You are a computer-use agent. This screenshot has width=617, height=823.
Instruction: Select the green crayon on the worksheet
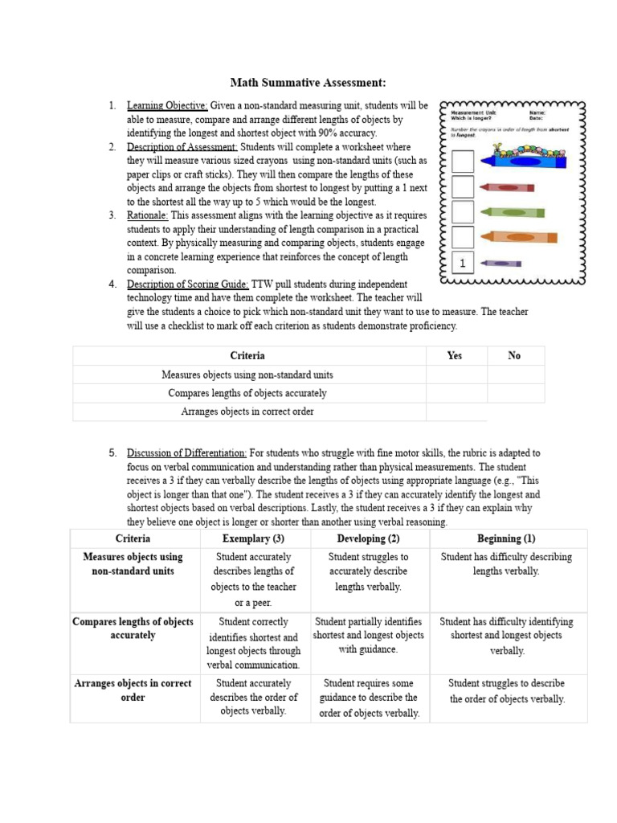point(512,212)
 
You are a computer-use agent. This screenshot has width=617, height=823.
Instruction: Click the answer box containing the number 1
point(462,263)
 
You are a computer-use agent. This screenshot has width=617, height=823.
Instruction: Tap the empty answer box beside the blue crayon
point(462,162)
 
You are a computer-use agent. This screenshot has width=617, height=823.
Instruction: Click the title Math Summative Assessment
point(308,83)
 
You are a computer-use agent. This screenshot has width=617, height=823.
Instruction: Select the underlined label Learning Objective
point(167,105)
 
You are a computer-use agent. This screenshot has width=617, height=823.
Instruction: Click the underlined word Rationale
point(147,215)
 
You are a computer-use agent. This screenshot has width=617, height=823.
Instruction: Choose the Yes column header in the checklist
point(455,356)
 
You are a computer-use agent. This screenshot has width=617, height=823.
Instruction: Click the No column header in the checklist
point(514,356)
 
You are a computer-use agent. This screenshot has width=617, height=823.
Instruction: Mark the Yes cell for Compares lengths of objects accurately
point(456,393)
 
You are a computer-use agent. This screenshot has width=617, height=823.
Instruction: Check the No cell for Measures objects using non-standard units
point(515,375)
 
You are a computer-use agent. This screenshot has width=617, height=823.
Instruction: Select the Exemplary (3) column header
point(253,538)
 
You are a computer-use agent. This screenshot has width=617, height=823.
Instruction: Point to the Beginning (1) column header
point(506,538)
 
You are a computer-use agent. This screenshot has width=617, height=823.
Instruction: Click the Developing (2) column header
point(369,538)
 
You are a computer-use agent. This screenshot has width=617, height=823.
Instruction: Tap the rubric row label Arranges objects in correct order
point(133,690)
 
